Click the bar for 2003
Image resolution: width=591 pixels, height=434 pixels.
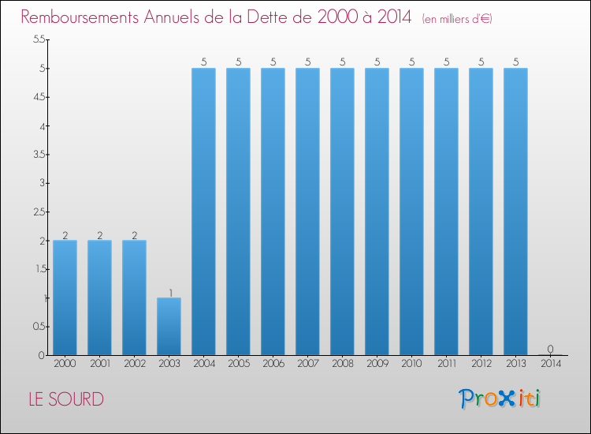(169, 327)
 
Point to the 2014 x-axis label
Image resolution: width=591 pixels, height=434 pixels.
(550, 365)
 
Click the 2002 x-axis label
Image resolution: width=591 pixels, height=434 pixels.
(134, 365)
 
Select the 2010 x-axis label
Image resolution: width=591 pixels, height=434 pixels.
(411, 365)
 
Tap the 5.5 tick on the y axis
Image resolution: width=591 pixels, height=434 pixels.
(38, 39)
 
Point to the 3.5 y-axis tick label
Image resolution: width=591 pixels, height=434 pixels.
(38, 155)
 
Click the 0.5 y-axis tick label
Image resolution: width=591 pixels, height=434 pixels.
(38, 327)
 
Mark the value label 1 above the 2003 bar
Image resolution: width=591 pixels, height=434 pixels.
(169, 292)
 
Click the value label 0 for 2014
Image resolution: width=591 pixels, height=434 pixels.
(550, 349)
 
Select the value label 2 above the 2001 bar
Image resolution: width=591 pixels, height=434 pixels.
(99, 234)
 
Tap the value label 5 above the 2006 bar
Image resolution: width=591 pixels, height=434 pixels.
(273, 62)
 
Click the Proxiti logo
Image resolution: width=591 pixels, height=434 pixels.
(500, 398)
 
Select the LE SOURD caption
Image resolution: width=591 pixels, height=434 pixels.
(66, 399)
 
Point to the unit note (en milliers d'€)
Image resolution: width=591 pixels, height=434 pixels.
(457, 18)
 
